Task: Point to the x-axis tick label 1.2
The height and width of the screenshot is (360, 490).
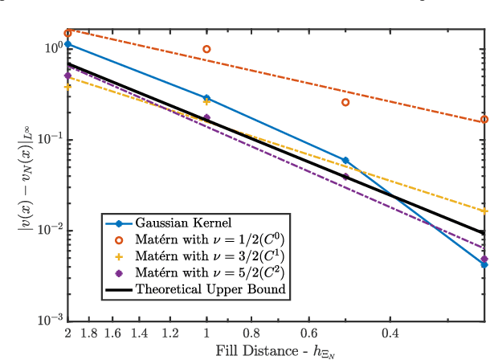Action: click(x=169, y=333)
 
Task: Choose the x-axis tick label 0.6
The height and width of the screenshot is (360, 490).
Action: click(x=308, y=333)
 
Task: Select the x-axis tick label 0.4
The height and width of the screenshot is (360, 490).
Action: click(x=390, y=333)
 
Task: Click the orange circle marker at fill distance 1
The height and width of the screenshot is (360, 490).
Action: click(x=207, y=49)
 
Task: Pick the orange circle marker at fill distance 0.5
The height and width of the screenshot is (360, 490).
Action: click(x=346, y=102)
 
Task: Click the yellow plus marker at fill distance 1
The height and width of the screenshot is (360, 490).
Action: click(x=207, y=102)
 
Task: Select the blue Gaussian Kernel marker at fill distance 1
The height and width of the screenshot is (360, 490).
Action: click(x=207, y=98)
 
